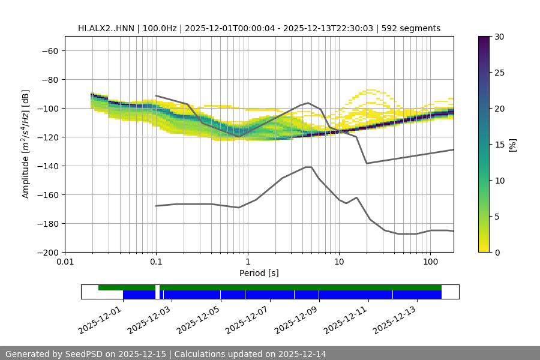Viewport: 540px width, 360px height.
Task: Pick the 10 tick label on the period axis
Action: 338,262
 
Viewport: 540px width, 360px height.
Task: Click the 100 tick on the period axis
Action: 430,262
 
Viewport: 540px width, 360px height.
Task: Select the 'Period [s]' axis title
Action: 259,273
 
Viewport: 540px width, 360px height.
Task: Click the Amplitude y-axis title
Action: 26,144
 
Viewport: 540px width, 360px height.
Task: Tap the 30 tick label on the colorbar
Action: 499,37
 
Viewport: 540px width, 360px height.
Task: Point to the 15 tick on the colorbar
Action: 499,144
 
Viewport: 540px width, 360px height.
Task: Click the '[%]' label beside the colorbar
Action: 512,144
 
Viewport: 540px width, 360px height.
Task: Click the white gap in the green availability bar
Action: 157,287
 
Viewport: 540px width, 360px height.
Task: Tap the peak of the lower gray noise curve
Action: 308,167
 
